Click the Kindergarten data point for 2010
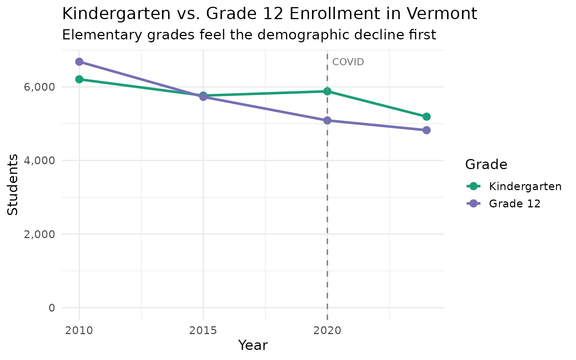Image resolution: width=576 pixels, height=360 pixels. coord(79,79)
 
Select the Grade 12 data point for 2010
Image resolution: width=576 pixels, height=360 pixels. coord(79,61)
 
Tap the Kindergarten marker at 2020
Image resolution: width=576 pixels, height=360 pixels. coord(327,91)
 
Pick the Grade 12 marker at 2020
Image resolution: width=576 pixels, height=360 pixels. coord(327,120)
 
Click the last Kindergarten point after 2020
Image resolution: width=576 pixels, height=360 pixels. coord(426,117)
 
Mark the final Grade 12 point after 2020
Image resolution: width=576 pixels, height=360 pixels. coord(426,130)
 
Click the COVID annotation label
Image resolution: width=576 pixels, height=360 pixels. coord(348,62)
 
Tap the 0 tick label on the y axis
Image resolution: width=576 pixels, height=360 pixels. coord(51,308)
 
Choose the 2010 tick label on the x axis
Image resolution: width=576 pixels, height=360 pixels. coord(79,330)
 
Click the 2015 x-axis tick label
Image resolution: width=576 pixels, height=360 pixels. coord(203,330)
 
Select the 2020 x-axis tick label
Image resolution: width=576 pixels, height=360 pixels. coord(327,330)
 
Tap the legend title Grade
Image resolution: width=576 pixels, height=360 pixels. coord(486,164)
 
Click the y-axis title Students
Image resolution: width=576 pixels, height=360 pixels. coord(13,184)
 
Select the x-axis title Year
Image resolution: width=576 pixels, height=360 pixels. coord(253,345)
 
